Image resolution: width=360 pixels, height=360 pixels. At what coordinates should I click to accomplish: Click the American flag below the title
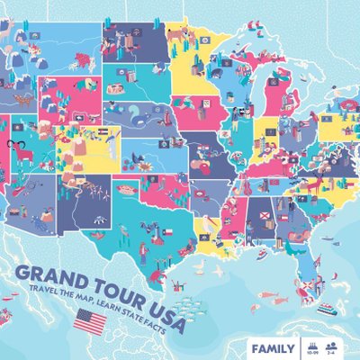pos(90,319)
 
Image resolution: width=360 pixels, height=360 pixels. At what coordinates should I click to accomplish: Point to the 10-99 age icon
pos(312,346)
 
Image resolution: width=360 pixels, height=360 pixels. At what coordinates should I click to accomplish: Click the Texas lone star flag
pos(165,231)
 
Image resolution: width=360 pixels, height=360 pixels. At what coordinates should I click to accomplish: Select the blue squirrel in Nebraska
pos(140,112)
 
